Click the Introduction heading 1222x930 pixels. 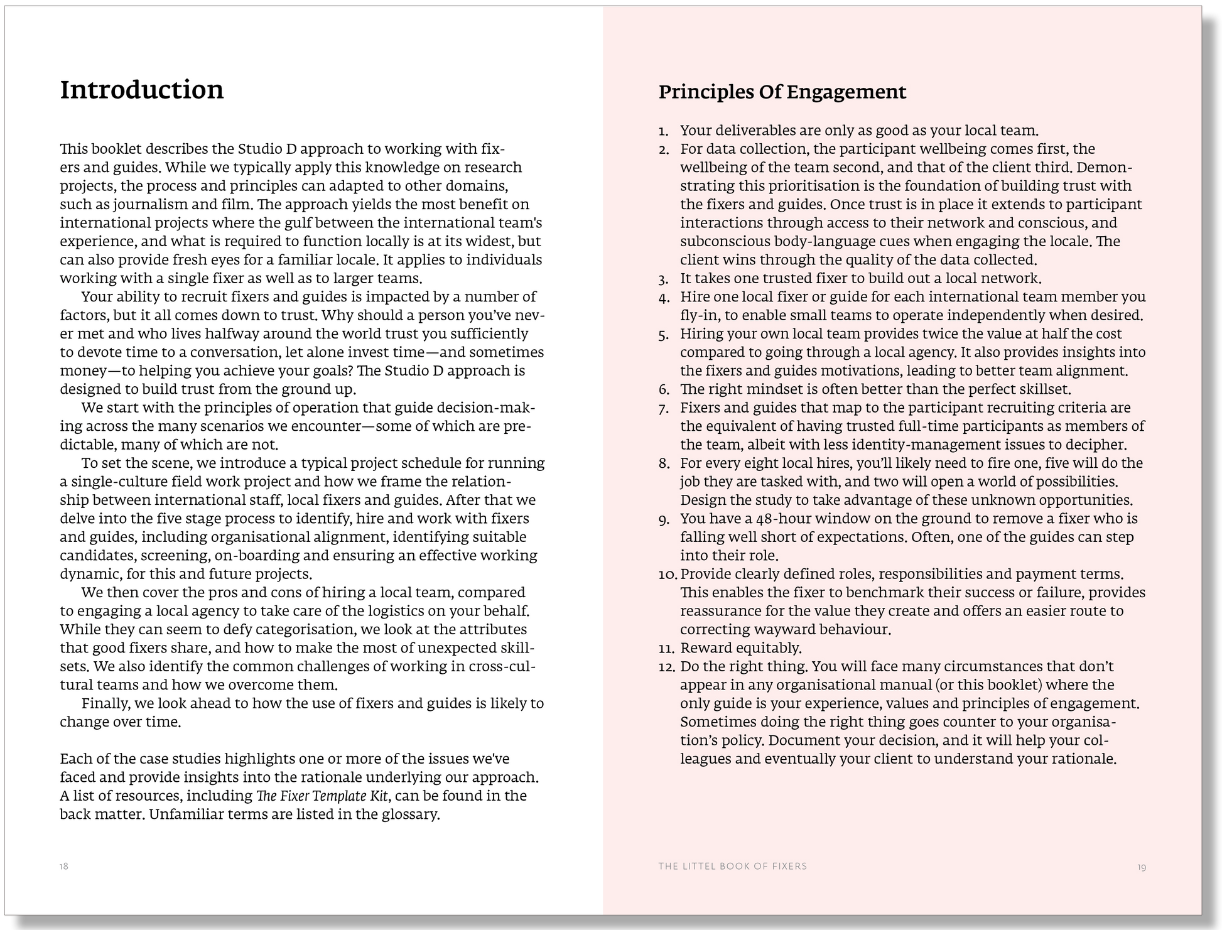tap(142, 90)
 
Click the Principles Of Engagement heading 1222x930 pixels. tap(782, 92)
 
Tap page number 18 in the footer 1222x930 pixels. tap(64, 867)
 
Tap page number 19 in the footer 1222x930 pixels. tap(1141, 867)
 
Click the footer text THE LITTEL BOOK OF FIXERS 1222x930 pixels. tap(732, 867)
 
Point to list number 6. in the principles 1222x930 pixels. tap(664, 390)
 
